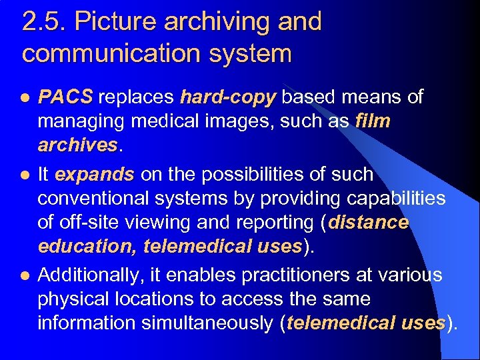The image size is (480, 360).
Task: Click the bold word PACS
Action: point(65,98)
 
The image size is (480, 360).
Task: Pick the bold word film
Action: point(373,122)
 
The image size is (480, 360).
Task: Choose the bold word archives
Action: point(77,145)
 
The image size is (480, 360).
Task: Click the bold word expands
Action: point(95,175)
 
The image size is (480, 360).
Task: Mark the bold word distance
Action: point(368,223)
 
